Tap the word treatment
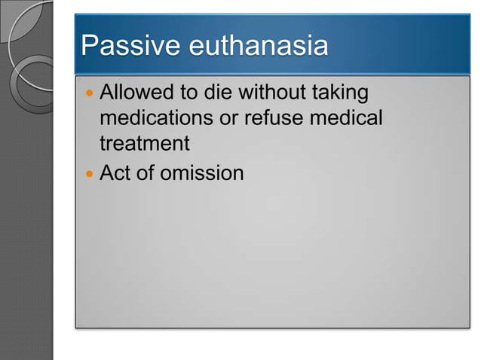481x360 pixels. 144,143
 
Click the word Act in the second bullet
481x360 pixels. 117,173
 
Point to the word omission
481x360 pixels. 203,173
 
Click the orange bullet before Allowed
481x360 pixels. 89,94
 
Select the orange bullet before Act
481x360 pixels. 89,174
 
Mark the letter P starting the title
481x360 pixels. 90,47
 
